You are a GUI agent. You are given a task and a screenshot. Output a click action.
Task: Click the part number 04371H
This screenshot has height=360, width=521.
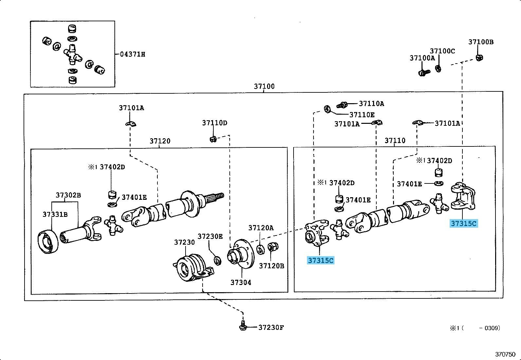[x=132, y=54]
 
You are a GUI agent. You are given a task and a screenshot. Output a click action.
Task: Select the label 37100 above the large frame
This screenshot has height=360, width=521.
[x=264, y=86]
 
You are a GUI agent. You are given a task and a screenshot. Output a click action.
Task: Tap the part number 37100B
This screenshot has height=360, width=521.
[x=481, y=42]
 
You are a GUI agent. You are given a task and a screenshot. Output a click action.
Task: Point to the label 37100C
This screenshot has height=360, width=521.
[x=442, y=51]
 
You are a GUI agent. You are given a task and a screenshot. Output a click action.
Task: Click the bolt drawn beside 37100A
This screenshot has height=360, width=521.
[x=423, y=72]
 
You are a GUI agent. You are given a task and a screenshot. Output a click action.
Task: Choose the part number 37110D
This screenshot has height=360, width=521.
[x=214, y=123]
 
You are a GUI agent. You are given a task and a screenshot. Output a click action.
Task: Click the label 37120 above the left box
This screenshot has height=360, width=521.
[x=160, y=141]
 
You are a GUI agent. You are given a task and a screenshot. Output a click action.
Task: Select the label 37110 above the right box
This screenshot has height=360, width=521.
[x=395, y=141]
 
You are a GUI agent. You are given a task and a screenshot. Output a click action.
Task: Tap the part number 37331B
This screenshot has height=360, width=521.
[x=55, y=214]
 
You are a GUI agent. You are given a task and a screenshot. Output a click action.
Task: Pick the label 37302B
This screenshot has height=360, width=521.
[x=68, y=195]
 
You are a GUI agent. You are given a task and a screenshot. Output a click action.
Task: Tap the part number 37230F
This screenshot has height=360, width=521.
[x=271, y=327]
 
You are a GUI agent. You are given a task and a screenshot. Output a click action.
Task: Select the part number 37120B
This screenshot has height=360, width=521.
[x=272, y=266]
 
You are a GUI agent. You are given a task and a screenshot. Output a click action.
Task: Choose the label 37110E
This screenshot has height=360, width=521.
[x=362, y=115]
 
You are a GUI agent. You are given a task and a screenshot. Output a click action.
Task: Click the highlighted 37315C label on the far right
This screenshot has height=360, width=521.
[x=464, y=223]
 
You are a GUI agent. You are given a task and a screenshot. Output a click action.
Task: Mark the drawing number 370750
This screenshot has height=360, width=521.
[x=505, y=354]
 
